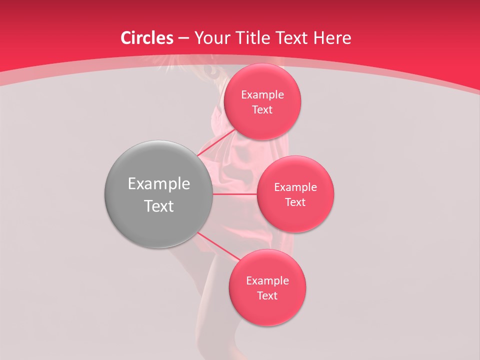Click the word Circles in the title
click(147, 38)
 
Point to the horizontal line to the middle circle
click(234, 194)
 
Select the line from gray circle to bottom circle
click(218, 247)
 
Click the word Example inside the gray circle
click(159, 184)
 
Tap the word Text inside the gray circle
click(159, 206)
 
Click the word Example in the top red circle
click(262, 95)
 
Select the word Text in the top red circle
click(262, 110)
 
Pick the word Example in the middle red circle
click(295, 187)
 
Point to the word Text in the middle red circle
click(295, 202)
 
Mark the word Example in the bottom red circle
click(267, 281)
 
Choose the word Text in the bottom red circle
click(267, 296)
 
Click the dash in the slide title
click(183, 38)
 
